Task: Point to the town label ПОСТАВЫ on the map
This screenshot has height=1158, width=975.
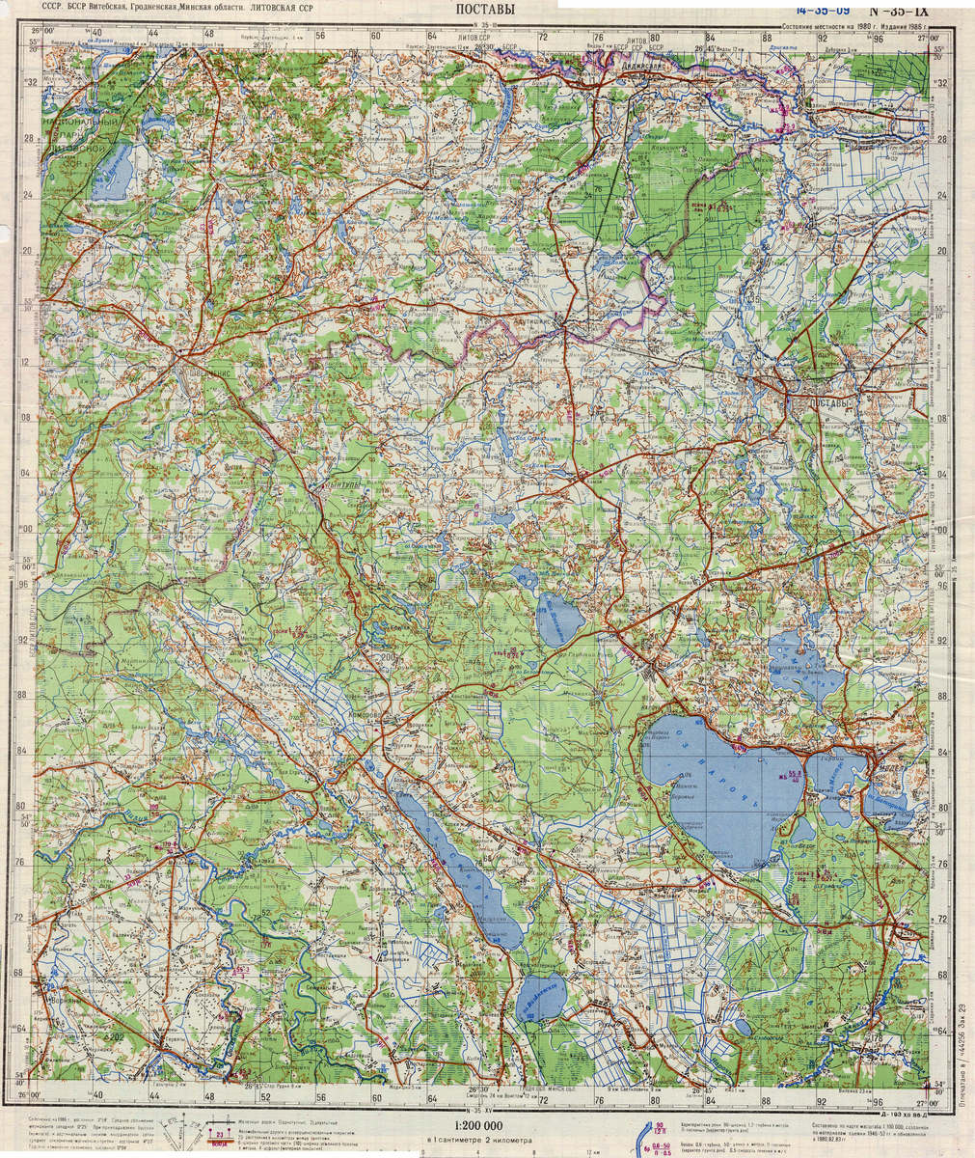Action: pos(830,401)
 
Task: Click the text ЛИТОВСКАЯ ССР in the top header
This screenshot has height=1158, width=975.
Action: pos(282,7)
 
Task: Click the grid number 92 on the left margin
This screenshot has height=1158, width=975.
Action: pos(20,639)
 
